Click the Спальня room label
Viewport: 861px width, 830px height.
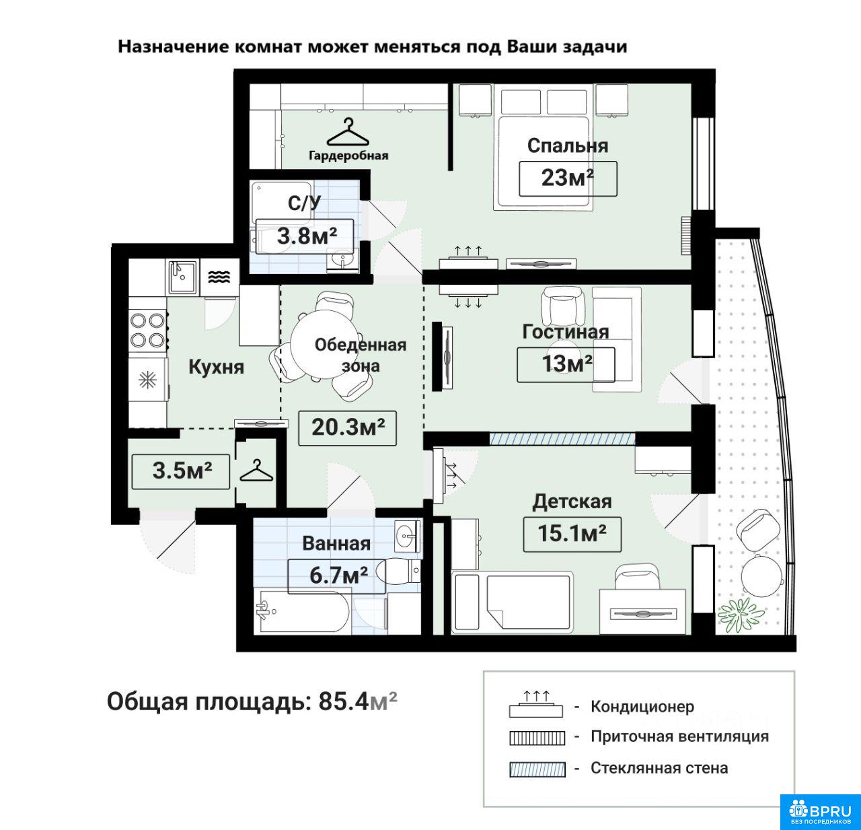(567, 145)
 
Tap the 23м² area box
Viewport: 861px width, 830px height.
(568, 178)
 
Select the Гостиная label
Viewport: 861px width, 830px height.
(566, 332)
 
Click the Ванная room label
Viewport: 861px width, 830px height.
(336, 543)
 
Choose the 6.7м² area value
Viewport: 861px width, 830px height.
(338, 575)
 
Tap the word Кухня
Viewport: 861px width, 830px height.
(217, 367)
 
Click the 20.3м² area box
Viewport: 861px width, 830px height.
(347, 428)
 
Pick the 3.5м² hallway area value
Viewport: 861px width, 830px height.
(182, 471)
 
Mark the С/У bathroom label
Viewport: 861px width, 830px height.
(305, 203)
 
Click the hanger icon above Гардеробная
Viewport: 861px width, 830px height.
(348, 133)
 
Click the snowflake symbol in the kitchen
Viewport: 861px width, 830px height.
(147, 380)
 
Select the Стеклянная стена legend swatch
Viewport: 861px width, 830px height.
(537, 769)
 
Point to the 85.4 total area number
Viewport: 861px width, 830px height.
(343, 701)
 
